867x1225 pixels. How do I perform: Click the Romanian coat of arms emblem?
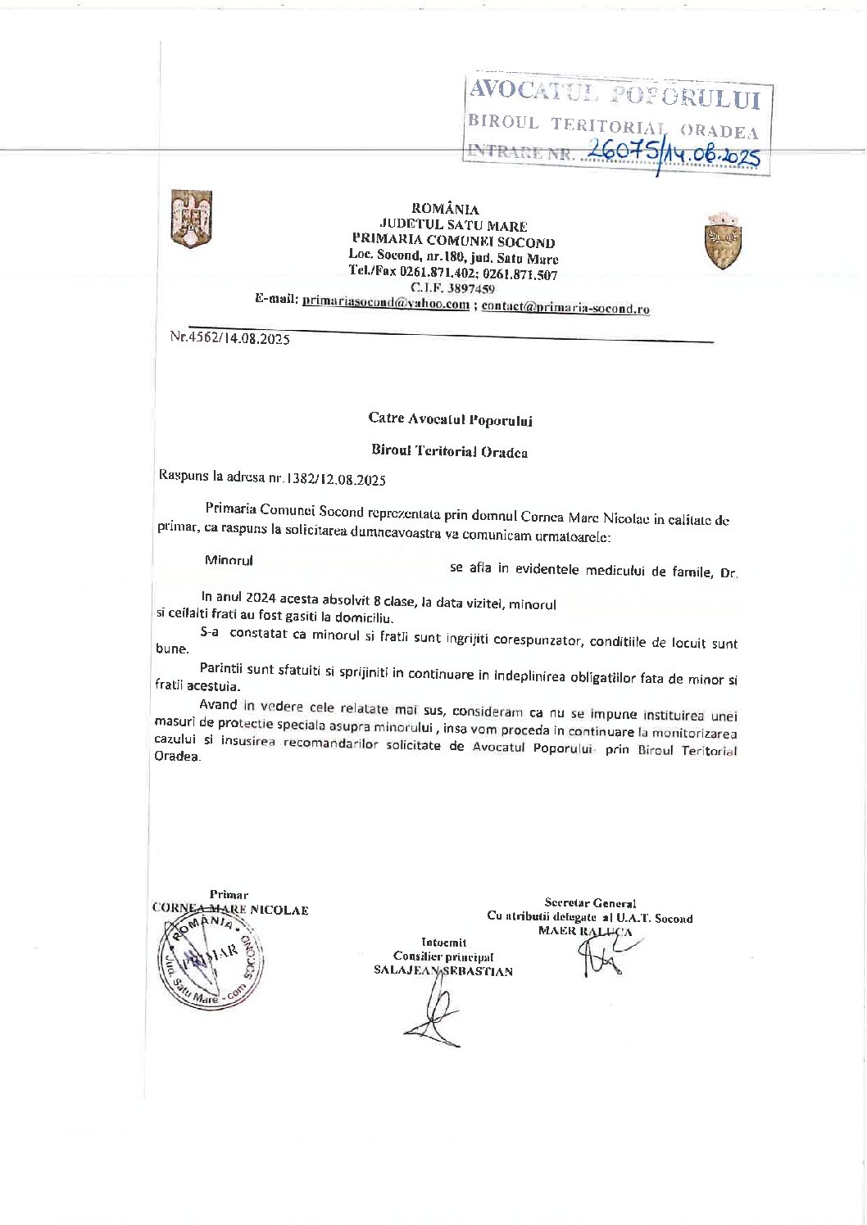pos(191,219)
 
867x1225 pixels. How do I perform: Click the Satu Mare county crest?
pos(724,241)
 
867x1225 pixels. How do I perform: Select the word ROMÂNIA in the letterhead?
pos(446,209)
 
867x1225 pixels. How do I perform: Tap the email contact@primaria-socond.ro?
pos(565,308)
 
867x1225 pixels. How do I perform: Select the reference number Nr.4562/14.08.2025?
pos(229,338)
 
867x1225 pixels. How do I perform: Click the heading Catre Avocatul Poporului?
pos(450,420)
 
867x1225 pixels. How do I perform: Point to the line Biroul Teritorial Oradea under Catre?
pos(449,451)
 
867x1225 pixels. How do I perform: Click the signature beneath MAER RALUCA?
pos(605,954)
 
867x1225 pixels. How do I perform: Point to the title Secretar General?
pos(590,903)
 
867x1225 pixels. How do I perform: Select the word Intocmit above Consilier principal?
pos(443,942)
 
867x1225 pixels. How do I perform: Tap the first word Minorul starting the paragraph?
pos(229,560)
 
